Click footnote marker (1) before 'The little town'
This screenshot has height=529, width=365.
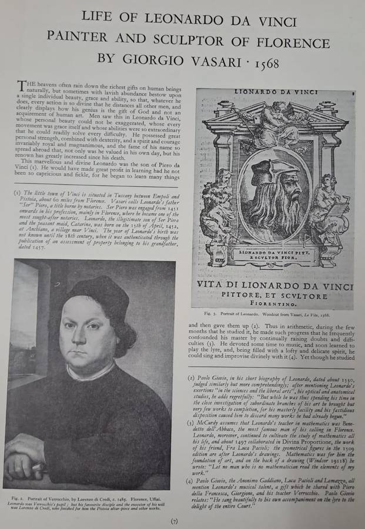pyautogui.click(x=17, y=193)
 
